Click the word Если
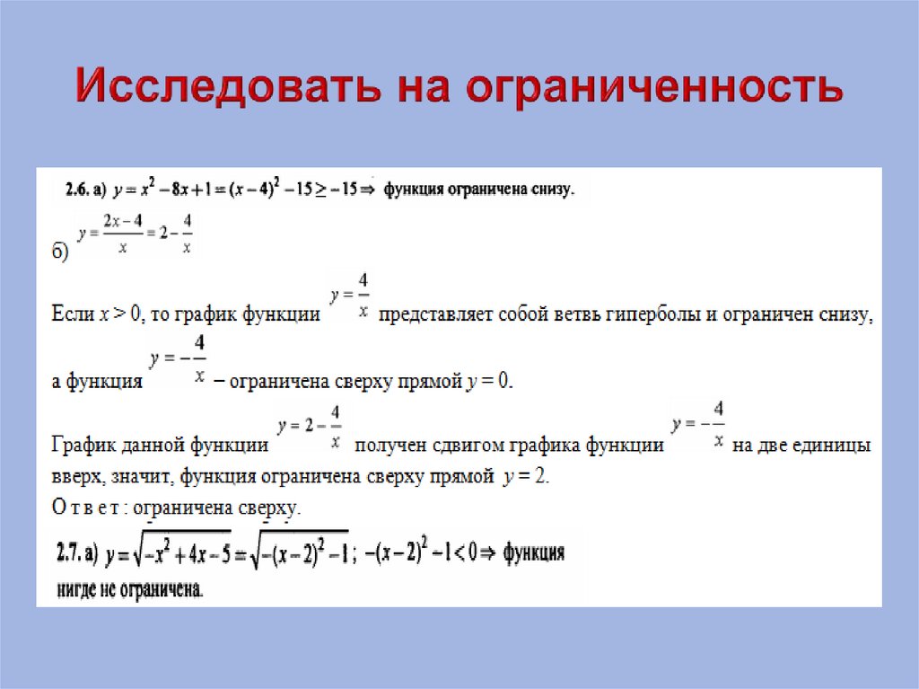click(x=71, y=315)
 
